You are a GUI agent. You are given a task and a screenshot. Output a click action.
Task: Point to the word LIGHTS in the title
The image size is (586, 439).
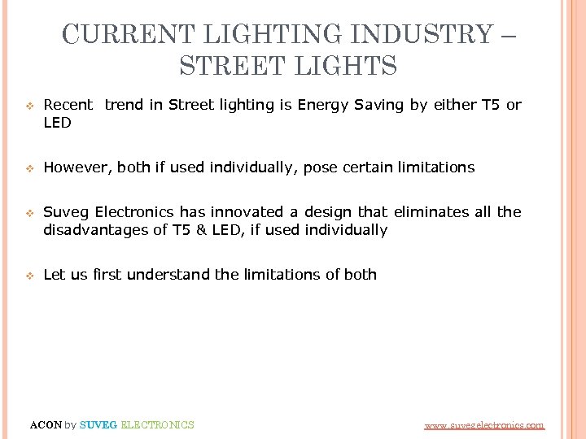[345, 65]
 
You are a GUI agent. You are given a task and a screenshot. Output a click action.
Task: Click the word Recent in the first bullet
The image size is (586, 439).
[68, 105]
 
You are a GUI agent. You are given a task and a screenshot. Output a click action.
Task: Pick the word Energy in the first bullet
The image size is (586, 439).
[321, 105]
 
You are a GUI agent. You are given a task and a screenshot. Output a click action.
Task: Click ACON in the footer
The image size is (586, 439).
[45, 424]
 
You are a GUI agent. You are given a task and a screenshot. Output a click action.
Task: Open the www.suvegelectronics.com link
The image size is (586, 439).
[484, 425]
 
